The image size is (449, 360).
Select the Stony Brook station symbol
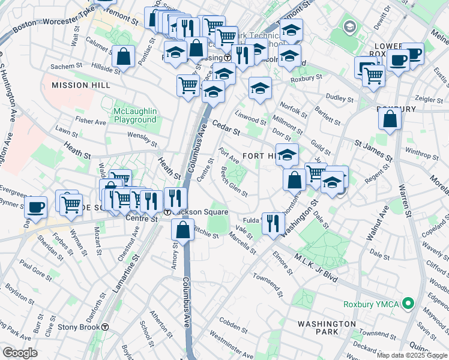(105, 328)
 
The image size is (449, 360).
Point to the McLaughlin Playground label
(135, 115)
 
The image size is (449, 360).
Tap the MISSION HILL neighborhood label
(81, 85)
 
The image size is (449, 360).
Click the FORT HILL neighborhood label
(260, 156)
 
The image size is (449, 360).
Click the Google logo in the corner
(20, 353)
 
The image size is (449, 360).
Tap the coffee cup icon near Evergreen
(37, 207)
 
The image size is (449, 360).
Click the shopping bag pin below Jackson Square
(182, 229)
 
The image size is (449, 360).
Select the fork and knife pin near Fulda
(273, 223)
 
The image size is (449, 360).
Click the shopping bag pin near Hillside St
(123, 57)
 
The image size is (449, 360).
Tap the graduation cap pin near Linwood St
(260, 88)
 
